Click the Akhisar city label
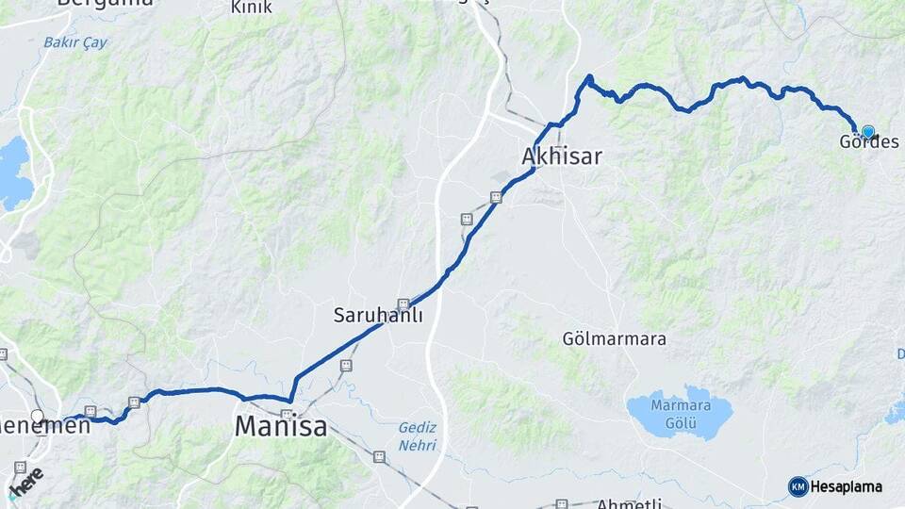562,156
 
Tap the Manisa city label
281,426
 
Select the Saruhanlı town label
378,316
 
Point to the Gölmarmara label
614,338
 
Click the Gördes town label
868,142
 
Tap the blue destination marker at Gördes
867,132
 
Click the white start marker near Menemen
38,416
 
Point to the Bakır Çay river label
75,42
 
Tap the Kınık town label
252,8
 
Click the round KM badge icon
798,486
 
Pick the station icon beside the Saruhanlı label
403,304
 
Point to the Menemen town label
47,426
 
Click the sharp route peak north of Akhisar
589,77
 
